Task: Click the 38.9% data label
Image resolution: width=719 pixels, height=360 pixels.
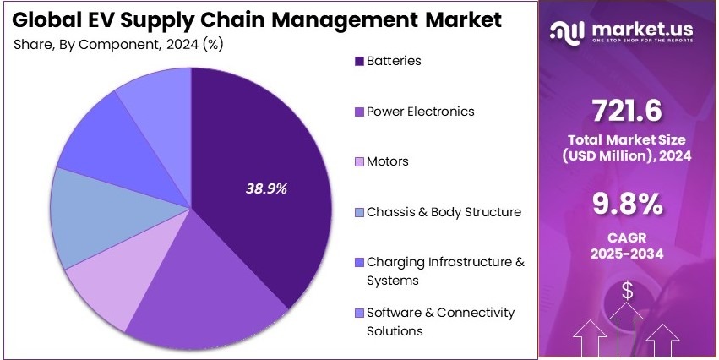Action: [266, 188]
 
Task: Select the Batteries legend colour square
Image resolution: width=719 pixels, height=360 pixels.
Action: [358, 62]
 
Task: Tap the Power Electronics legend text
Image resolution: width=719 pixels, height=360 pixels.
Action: [420, 112]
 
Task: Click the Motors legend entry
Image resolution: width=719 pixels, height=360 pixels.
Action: [387, 161]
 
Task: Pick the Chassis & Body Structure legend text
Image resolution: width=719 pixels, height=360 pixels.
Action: [444, 212]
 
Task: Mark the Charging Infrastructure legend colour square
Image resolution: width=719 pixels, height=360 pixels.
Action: [358, 263]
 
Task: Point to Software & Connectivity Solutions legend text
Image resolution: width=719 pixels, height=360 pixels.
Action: [439, 321]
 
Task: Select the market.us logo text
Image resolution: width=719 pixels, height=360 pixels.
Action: [646, 30]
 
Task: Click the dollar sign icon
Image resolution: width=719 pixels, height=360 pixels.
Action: [628, 291]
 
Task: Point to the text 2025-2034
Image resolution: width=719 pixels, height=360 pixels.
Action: [627, 254]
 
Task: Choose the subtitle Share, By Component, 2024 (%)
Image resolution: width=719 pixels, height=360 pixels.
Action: [125, 44]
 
